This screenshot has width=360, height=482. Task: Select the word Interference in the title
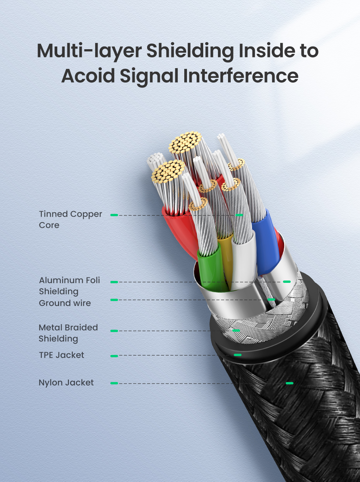(241, 76)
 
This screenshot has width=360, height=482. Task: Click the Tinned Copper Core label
(70, 219)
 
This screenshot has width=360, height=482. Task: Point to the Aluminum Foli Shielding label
(69, 286)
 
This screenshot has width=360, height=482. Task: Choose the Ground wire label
(65, 303)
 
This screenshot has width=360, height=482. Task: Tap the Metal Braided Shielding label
(68, 333)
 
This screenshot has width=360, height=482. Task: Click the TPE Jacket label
(62, 355)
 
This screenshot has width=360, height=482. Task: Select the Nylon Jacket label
(66, 383)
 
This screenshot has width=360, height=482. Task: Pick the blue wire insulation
(265, 242)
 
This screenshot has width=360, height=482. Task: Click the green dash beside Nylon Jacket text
(114, 383)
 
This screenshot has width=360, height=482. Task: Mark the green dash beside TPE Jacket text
(114, 356)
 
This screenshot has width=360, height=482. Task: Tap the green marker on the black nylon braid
(289, 383)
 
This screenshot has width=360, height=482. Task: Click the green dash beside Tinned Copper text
(114, 215)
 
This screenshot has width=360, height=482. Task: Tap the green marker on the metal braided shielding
(236, 331)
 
